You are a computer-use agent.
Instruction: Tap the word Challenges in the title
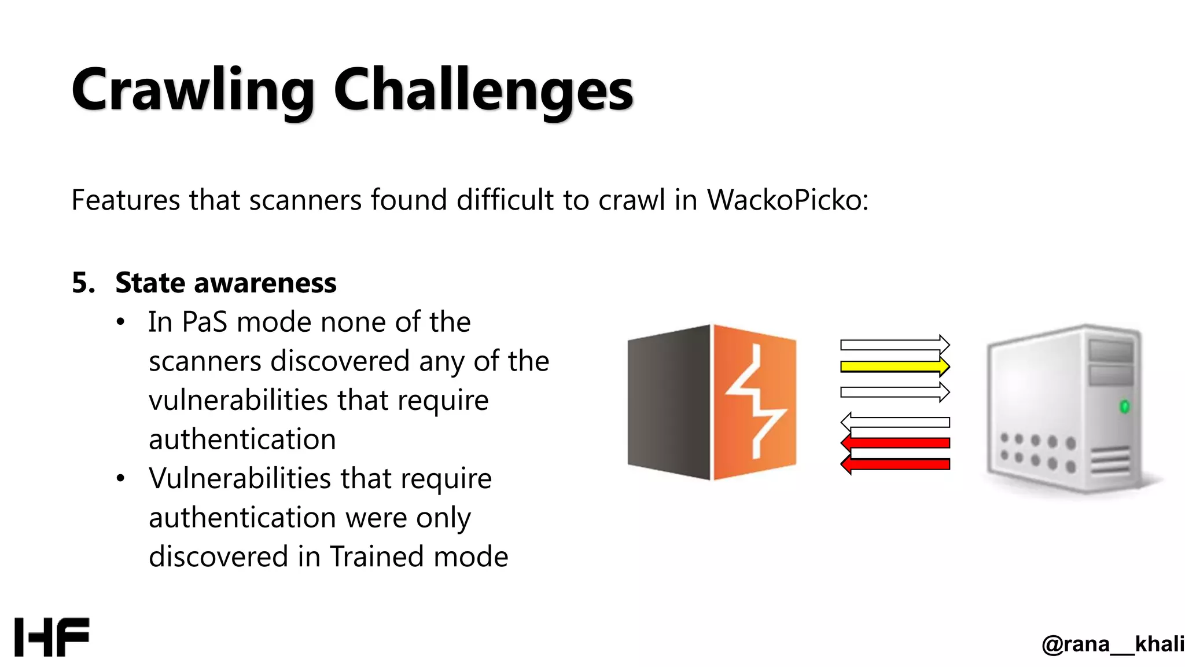[x=483, y=90]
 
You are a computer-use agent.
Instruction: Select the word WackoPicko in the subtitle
[x=787, y=200]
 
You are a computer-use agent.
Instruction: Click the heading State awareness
[x=226, y=283]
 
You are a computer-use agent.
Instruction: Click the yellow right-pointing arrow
[x=895, y=367]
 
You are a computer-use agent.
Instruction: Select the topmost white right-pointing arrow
[x=895, y=345]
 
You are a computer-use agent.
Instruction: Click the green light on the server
[x=1124, y=406]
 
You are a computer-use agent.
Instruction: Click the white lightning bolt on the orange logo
[x=755, y=400]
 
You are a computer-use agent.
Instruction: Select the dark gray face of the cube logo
[x=668, y=402]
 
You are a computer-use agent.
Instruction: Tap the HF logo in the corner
[x=52, y=637]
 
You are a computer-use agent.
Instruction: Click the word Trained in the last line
[x=377, y=556]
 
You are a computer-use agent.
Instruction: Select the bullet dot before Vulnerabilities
[x=120, y=479]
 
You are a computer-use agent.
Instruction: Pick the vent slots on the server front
[x=1110, y=461]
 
